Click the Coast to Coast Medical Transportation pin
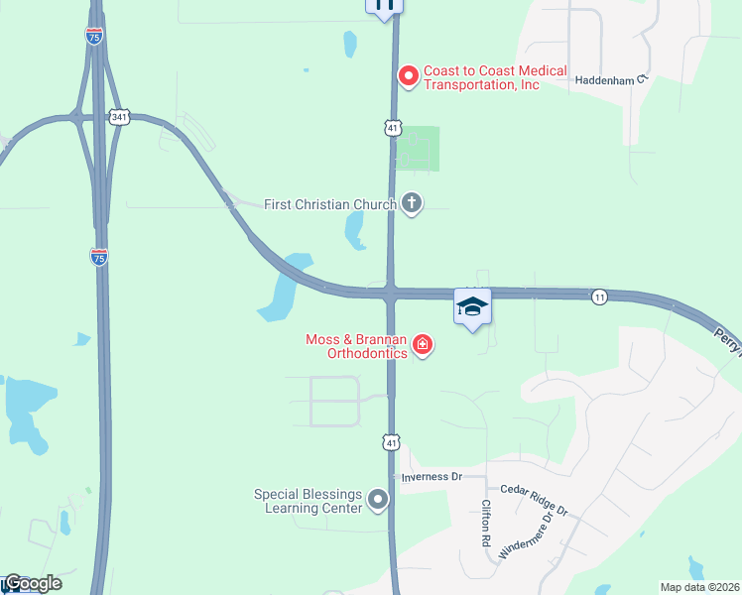(408, 75)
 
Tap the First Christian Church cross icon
(412, 204)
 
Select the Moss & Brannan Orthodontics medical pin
(424, 345)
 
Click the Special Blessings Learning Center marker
(377, 500)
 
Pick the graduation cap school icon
(472, 306)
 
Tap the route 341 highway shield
(118, 117)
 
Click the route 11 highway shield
(598, 297)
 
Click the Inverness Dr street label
(433, 477)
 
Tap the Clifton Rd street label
(487, 525)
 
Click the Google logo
(32, 583)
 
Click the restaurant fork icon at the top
(385, 5)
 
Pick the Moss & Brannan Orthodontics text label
(356, 346)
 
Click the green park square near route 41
(418, 148)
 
